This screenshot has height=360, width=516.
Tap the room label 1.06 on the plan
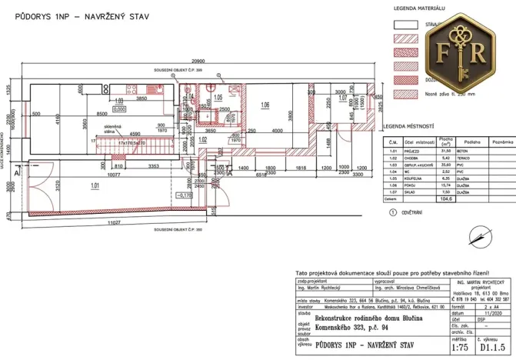(265, 105)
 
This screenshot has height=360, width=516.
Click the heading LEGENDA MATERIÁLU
(420, 8)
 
